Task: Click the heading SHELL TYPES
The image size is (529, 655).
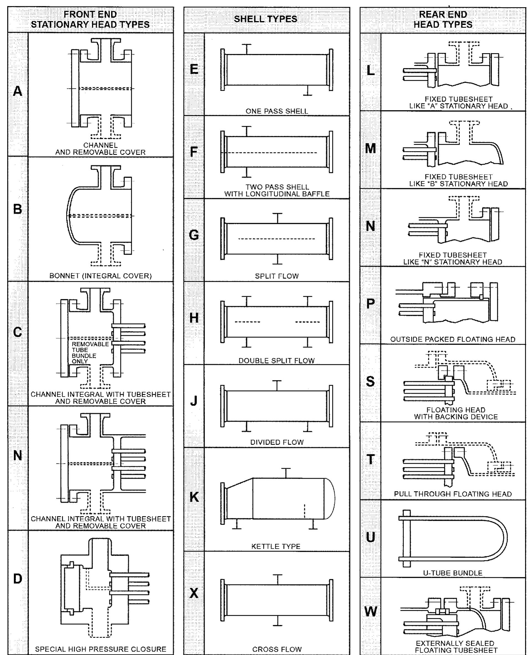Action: click(x=265, y=19)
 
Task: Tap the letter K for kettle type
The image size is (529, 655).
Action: click(x=194, y=497)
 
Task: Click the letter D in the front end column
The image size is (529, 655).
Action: click(x=18, y=579)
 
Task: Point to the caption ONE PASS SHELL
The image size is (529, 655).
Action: click(x=277, y=111)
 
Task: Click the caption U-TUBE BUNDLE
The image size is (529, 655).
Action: click(x=453, y=573)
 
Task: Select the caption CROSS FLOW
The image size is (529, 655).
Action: click(x=277, y=649)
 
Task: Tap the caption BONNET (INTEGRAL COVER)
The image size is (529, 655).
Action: click(x=100, y=276)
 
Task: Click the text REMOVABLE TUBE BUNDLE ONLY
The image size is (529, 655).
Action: click(x=84, y=353)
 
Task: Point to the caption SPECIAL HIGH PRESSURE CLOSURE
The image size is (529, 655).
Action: click(x=101, y=649)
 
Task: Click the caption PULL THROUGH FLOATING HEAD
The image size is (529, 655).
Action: click(x=453, y=494)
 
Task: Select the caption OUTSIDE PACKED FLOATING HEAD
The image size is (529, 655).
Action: click(x=453, y=339)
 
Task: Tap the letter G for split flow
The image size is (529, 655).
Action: click(x=194, y=235)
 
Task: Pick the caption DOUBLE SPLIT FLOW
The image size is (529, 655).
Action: click(x=276, y=360)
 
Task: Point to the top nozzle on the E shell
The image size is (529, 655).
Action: click(x=247, y=49)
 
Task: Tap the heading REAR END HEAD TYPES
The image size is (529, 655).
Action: click(x=443, y=19)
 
